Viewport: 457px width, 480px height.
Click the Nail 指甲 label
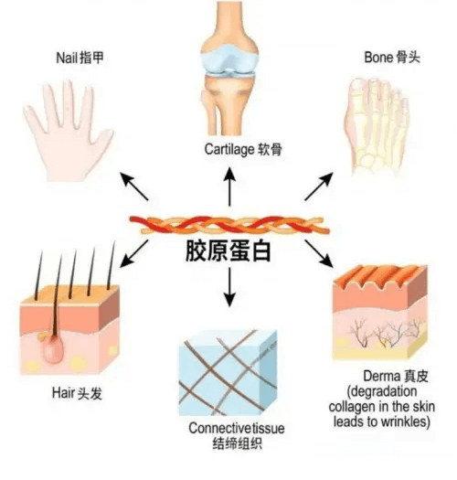80,58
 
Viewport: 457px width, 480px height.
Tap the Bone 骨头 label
392,58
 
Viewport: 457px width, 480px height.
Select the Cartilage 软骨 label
243,149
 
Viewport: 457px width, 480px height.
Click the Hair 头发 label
77,393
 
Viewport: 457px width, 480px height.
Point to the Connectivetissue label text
237,428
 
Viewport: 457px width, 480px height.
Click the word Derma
382,376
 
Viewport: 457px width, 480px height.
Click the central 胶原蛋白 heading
228,251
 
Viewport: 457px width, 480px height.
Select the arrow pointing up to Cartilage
229,187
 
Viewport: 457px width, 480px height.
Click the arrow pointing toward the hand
134,187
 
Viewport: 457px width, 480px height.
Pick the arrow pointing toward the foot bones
319,187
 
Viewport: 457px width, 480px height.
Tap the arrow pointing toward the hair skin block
134,253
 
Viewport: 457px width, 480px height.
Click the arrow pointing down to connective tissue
229,287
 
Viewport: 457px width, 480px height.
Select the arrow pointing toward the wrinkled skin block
319,253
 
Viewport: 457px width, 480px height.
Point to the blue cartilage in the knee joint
229,60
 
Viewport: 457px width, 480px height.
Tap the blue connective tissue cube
228,373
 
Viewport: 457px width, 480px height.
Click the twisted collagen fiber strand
229,225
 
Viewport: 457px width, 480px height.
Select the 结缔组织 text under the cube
238,443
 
